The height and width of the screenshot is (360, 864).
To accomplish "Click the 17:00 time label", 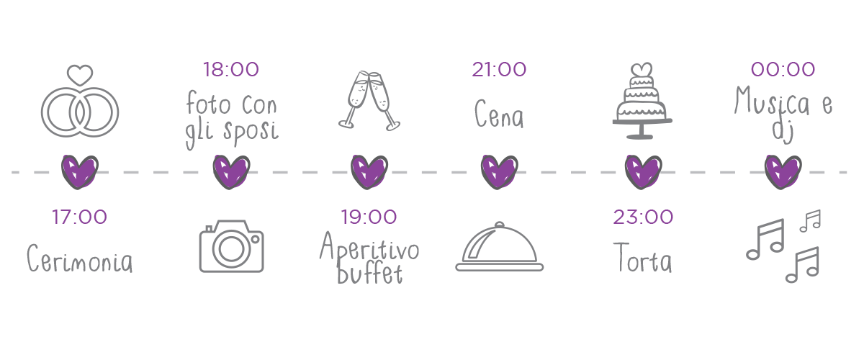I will pos(79,217).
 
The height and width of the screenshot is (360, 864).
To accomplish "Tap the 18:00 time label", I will pos(230,70).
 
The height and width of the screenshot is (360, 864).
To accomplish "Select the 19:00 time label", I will pos(368,217).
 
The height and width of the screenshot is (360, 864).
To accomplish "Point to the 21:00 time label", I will pos(499,70).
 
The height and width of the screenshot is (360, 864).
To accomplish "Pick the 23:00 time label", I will pos(643,217).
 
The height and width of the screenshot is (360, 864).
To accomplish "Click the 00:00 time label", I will pos(783,70).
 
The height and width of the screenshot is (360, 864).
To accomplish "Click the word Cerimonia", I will pos(80,259).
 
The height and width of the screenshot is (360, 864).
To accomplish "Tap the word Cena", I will pos(499,115).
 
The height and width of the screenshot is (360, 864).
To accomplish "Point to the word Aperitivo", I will pos(369,249).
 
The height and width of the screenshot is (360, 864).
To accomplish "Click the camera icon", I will pos(231,246).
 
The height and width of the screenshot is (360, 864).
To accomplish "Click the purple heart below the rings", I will pos(79,171).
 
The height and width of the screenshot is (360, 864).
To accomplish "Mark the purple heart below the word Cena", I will pos(499,171).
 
